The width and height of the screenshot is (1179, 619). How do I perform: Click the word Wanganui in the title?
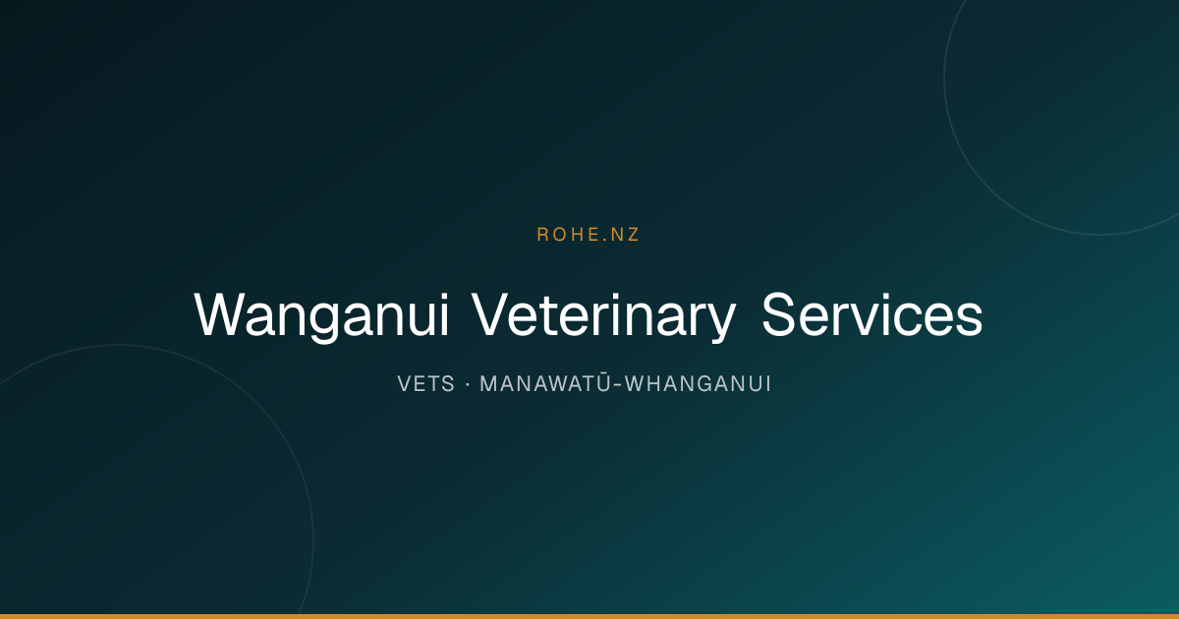pyautogui.click(x=321, y=315)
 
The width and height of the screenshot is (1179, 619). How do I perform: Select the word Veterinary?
pyautogui.click(x=603, y=315)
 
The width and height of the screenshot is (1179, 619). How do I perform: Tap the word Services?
pyautogui.click(x=872, y=314)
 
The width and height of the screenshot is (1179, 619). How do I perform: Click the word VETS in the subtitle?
pyautogui.click(x=425, y=384)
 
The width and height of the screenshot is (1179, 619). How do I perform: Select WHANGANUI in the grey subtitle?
pyautogui.click(x=698, y=384)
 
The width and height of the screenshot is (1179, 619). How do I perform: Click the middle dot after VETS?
pyautogui.click(x=468, y=384)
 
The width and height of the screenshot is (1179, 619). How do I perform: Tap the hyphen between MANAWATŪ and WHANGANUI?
pyautogui.click(x=618, y=386)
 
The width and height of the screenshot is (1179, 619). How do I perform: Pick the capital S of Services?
pyautogui.click(x=779, y=314)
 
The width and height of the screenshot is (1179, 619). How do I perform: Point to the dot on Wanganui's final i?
pyautogui.click(x=445, y=297)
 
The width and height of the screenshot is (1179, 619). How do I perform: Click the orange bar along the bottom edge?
pyautogui.click(x=589, y=616)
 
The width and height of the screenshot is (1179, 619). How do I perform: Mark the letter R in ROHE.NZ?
pyautogui.click(x=542, y=235)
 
